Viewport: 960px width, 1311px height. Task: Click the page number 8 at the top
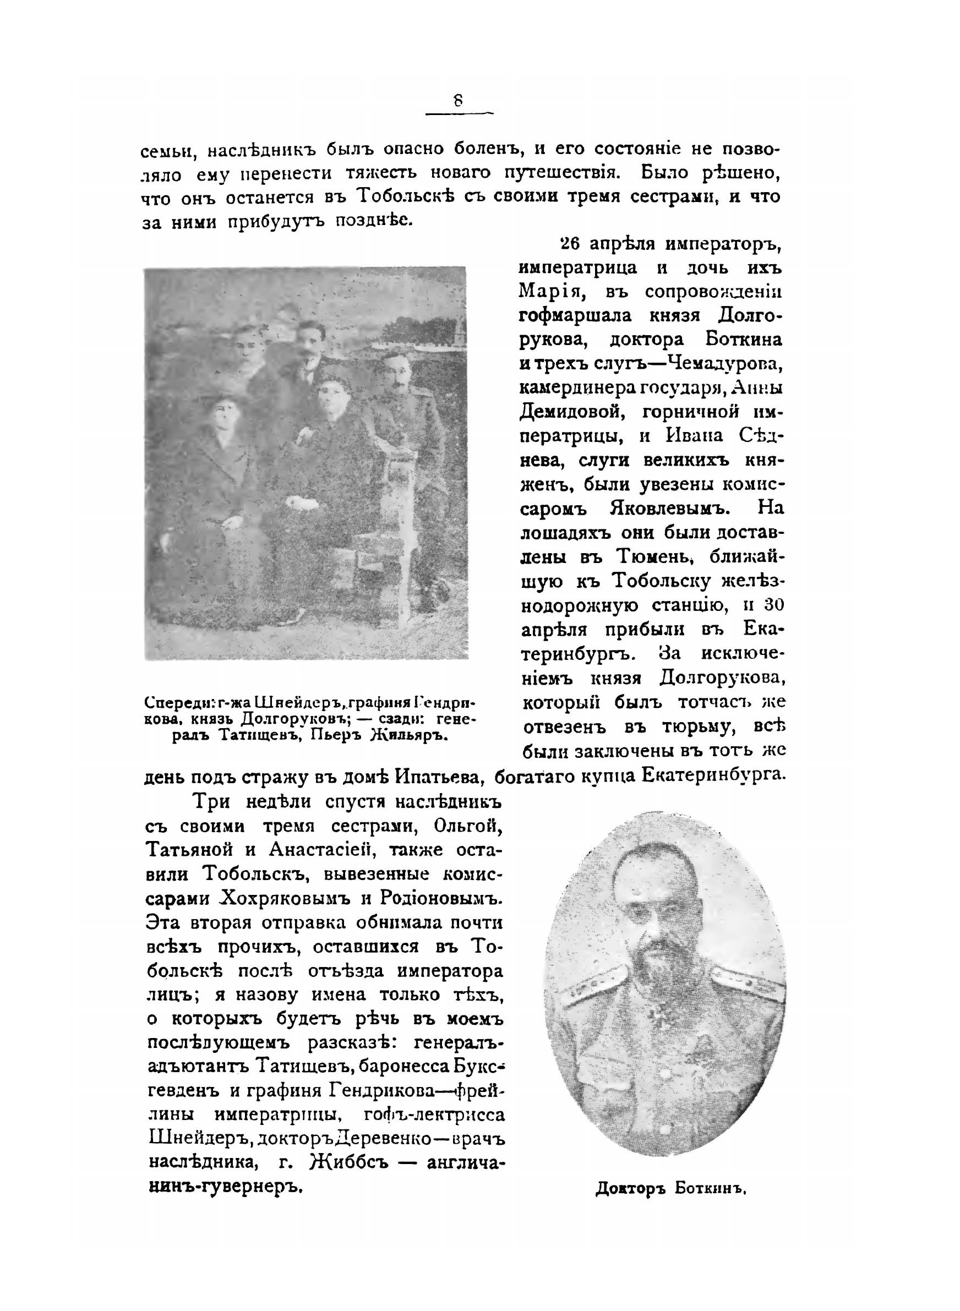459,101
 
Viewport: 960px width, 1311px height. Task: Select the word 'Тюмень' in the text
654,556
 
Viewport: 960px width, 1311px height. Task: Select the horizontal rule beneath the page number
459,114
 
